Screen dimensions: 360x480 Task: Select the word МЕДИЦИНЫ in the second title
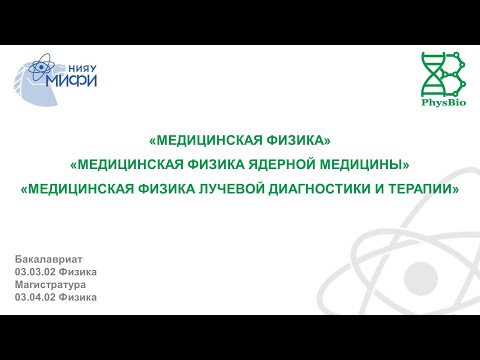375,164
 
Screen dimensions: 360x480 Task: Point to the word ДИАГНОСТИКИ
323,188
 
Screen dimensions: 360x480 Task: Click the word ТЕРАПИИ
425,188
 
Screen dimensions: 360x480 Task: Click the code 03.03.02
35,272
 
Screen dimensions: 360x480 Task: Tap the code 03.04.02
35,298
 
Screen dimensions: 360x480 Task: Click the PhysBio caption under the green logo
440,102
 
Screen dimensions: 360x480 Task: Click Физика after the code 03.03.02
79,272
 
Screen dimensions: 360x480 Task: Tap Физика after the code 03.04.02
79,298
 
